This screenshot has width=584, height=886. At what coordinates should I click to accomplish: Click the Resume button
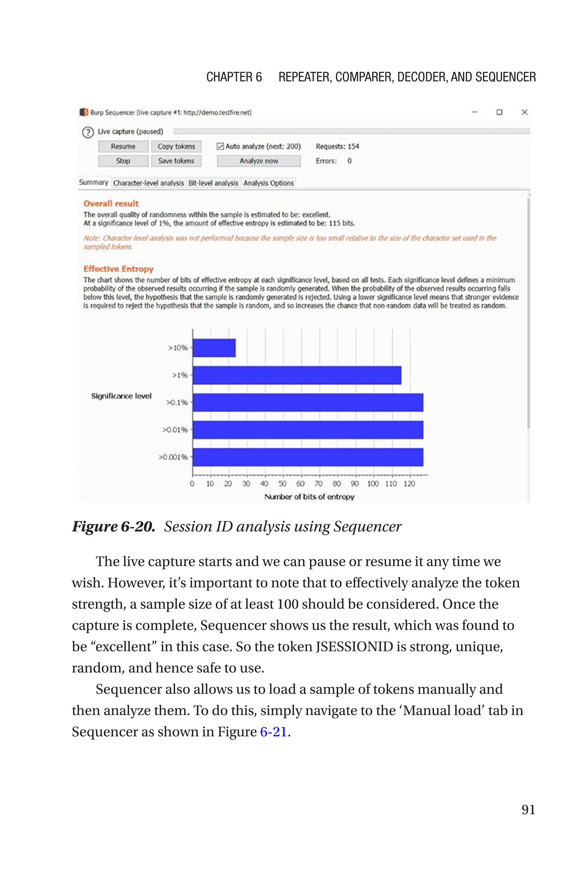pyautogui.click(x=123, y=146)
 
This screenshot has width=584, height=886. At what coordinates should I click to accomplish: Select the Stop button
pyautogui.click(x=123, y=161)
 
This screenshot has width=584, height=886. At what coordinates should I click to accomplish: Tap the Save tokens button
pyautogui.click(x=176, y=161)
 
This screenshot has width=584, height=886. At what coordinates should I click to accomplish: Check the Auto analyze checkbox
pyautogui.click(x=220, y=146)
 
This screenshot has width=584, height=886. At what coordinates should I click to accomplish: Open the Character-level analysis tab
pyautogui.click(x=148, y=183)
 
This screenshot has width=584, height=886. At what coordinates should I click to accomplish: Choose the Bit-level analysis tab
pyautogui.click(x=213, y=183)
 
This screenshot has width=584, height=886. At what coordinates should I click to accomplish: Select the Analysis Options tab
pyautogui.click(x=269, y=183)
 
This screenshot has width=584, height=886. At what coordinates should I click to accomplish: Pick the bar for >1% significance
pyautogui.click(x=297, y=375)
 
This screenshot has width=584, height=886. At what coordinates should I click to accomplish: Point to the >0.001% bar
pyautogui.click(x=308, y=457)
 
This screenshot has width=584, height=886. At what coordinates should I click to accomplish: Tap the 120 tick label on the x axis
pyautogui.click(x=409, y=484)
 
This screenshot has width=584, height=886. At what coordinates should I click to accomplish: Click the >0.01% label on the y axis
pyautogui.click(x=175, y=430)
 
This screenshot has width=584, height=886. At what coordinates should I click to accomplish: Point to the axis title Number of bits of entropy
pyautogui.click(x=309, y=497)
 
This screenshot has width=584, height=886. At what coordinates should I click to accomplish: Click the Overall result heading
pyautogui.click(x=111, y=203)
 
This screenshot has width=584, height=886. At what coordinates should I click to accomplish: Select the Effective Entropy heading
pyautogui.click(x=118, y=269)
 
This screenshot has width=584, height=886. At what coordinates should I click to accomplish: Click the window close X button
pyautogui.click(x=524, y=112)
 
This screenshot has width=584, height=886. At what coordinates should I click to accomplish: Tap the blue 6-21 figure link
pyautogui.click(x=273, y=732)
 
